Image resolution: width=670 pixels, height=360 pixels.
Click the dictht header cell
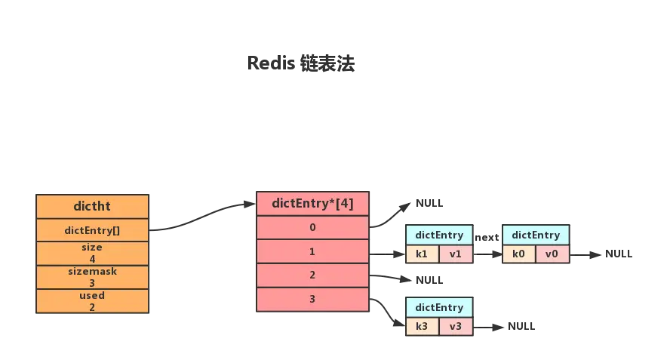(93, 206)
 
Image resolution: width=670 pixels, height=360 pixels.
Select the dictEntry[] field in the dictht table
(93, 230)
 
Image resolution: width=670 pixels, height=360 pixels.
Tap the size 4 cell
(93, 254)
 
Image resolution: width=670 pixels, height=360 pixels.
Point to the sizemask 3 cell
(93, 277)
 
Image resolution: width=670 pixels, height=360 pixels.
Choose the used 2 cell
(93, 301)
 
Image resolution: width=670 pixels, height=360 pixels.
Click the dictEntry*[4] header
(312, 203)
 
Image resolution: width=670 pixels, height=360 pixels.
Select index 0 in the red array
(312, 227)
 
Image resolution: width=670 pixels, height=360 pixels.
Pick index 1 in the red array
(312, 251)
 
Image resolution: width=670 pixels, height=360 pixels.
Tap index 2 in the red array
(312, 275)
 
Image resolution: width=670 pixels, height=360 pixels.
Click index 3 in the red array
(312, 300)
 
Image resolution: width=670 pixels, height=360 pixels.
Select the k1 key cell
(422, 254)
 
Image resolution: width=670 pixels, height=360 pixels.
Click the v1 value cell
(456, 254)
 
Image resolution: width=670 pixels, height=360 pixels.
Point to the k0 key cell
(518, 254)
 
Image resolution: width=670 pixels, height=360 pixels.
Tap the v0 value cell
(552, 254)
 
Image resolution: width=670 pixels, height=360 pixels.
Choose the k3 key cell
(422, 326)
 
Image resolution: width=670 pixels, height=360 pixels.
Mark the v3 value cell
(456, 326)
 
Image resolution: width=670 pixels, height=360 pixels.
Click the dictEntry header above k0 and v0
(536, 235)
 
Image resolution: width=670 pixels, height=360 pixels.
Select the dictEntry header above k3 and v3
(439, 307)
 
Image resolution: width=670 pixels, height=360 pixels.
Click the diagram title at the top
(302, 64)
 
